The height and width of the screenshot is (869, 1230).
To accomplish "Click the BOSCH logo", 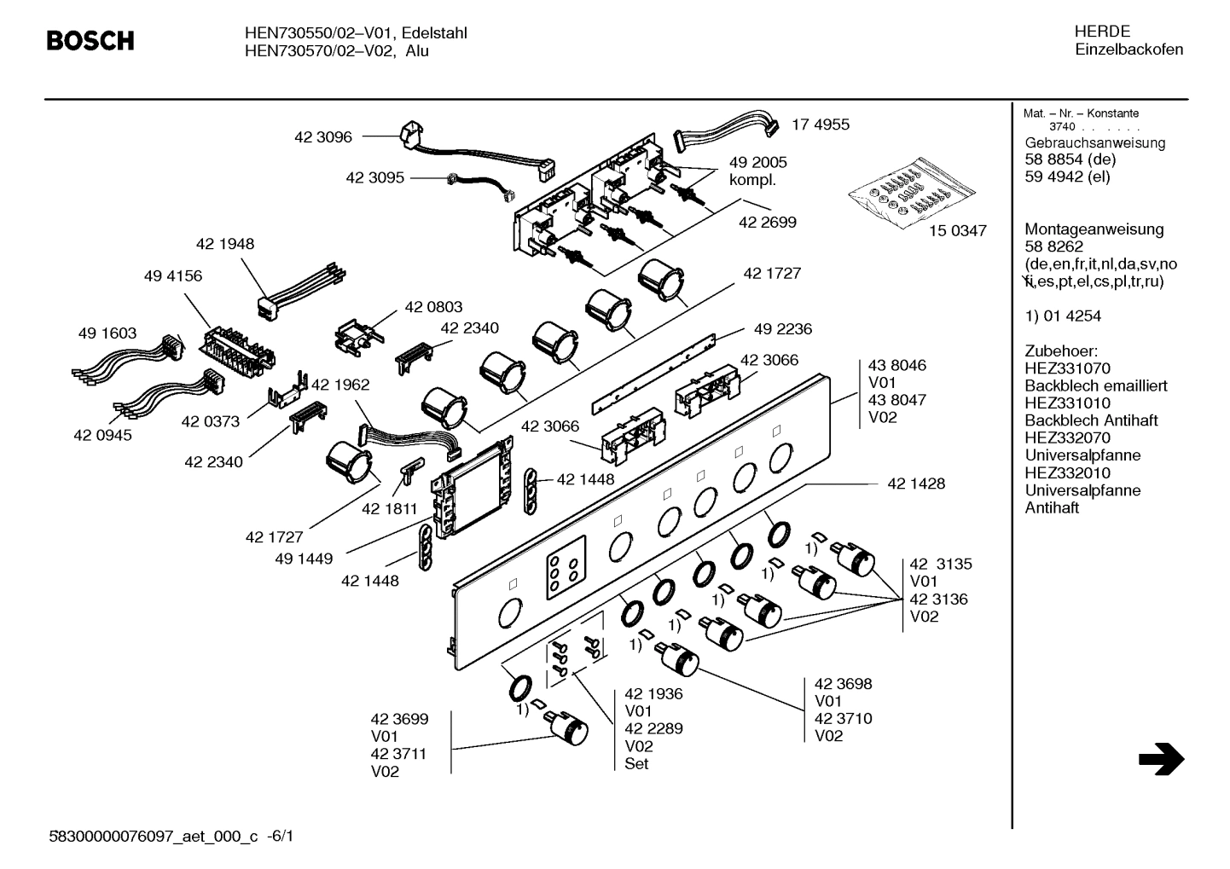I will pyautogui.click(x=90, y=40).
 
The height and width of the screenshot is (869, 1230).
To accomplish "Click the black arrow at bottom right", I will pyautogui.click(x=1161, y=759).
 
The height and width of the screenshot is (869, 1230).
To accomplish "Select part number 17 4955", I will pyautogui.click(x=820, y=125).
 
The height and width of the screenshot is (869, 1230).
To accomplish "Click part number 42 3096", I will pyautogui.click(x=322, y=136).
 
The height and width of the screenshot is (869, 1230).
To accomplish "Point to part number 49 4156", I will pyautogui.click(x=173, y=276).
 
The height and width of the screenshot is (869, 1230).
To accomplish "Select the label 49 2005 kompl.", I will pyautogui.click(x=757, y=171).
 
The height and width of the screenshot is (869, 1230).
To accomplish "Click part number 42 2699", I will pyautogui.click(x=767, y=222).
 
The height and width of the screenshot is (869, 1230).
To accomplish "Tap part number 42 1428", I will pyautogui.click(x=915, y=484).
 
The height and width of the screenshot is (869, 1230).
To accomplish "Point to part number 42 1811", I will pyautogui.click(x=389, y=509).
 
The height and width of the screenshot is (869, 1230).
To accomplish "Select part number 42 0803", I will pyautogui.click(x=433, y=307).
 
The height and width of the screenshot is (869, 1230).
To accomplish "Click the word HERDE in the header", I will pyautogui.click(x=1102, y=32).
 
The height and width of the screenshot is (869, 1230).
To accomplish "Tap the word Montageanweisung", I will pyautogui.click(x=1094, y=229).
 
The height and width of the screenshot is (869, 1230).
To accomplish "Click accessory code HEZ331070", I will pyautogui.click(x=1067, y=368).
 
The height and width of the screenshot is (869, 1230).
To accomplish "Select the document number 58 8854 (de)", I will pyautogui.click(x=1070, y=159).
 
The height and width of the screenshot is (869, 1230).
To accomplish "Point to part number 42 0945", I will pyautogui.click(x=102, y=435).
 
